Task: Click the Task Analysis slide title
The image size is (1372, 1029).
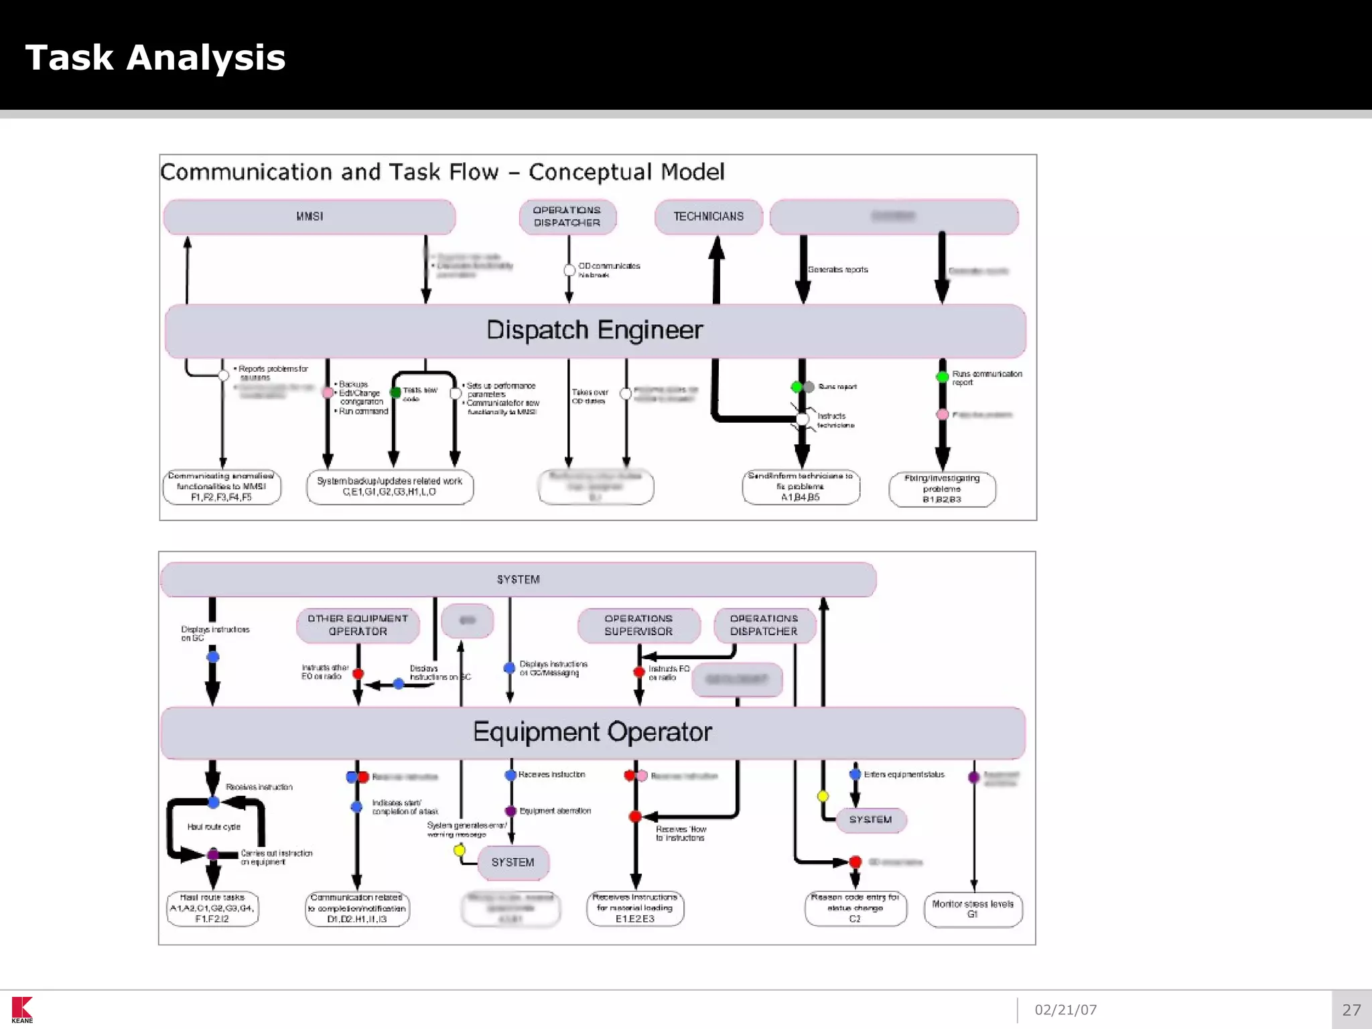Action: pos(155,58)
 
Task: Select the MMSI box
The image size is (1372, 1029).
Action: pos(310,216)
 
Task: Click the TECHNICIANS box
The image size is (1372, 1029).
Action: pos(708,216)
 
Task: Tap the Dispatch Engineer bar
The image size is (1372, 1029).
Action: pos(595,330)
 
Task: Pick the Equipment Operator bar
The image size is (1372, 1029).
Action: pos(592,732)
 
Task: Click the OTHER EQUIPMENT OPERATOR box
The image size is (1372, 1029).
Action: pos(358,625)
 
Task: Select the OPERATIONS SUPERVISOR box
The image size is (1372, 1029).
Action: pos(638,625)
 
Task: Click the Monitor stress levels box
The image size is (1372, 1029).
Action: pos(973,909)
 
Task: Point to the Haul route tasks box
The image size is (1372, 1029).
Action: pos(212,908)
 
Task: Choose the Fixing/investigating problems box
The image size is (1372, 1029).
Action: pos(942,489)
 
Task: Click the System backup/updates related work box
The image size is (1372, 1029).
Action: pos(390,486)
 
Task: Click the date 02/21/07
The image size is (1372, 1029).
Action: pos(1065,1010)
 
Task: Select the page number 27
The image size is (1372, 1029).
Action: pos(1351,1010)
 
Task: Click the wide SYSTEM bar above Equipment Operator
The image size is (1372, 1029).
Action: pos(518,579)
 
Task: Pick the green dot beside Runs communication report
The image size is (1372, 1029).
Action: pos(942,377)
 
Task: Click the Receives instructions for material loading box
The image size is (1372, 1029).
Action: pos(635,908)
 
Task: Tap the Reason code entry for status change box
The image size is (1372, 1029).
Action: pos(855,908)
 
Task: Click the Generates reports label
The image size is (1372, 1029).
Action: pos(837,270)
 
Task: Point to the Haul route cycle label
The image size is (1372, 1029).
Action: pos(214,827)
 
